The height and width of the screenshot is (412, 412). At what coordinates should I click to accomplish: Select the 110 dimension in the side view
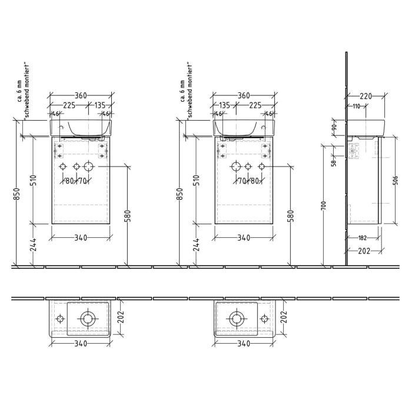point(357,106)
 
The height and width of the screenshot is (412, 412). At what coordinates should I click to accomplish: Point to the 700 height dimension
point(324,205)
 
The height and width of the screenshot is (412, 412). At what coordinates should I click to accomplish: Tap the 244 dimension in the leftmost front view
point(34,245)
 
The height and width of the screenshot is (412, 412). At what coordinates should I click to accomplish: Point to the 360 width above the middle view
point(244,96)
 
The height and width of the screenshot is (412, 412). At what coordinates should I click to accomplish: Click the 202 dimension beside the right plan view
point(283,318)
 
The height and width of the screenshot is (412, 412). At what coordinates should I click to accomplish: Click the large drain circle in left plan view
point(87,319)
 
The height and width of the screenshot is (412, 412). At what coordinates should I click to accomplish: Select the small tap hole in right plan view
point(264,318)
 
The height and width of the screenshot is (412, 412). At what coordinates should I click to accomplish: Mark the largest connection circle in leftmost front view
point(88,167)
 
